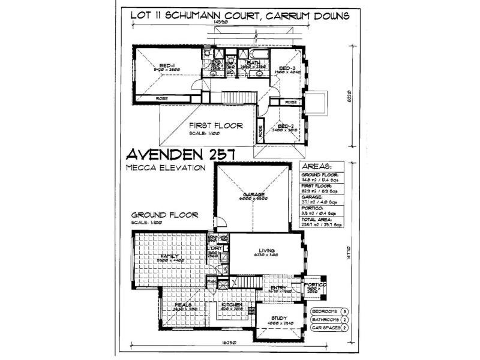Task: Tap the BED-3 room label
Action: coord(286,68)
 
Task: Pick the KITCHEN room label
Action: coord(232,304)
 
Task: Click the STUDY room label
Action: coord(279,318)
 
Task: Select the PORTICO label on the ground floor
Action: coord(314,284)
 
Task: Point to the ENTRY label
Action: coord(279,288)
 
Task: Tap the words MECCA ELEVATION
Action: coord(166,167)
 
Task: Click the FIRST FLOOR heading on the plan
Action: coord(215,125)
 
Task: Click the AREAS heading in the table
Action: coord(319,166)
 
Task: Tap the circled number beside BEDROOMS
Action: coord(344,311)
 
